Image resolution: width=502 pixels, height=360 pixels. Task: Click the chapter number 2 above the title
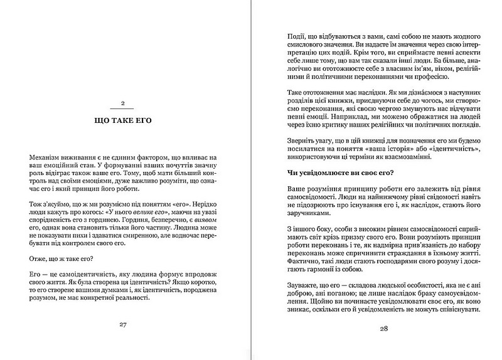coord(124,102)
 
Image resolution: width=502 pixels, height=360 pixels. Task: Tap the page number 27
coord(124,325)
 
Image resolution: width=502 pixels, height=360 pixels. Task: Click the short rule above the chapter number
coord(124,93)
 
